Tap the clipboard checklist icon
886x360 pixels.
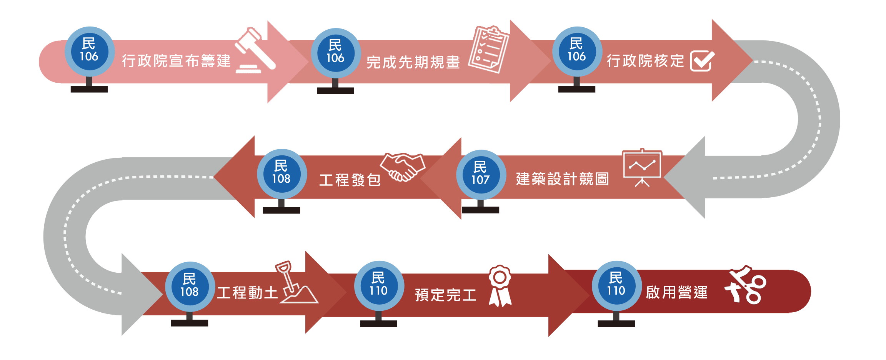(x=489, y=49)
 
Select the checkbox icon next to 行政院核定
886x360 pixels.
(x=702, y=61)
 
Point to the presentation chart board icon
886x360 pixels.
(x=642, y=168)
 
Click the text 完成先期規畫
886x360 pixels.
(x=413, y=62)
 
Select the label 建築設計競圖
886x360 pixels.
(x=562, y=179)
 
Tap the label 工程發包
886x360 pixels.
(x=350, y=180)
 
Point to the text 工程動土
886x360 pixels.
(x=247, y=293)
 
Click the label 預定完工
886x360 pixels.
(x=446, y=295)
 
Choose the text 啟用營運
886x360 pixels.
(x=677, y=292)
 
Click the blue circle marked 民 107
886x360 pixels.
(x=481, y=174)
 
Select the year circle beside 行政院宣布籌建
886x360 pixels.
(x=89, y=51)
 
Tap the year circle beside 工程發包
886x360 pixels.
(x=281, y=174)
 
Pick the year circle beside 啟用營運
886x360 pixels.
(x=616, y=286)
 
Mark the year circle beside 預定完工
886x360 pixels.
(x=379, y=286)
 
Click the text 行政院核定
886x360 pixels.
(x=646, y=61)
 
